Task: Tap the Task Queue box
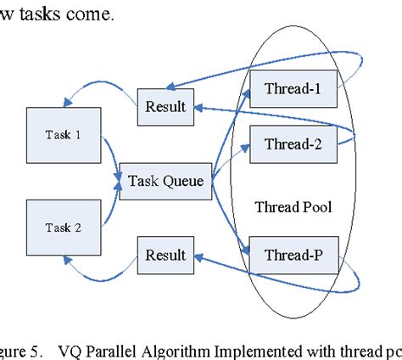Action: (x=165, y=181)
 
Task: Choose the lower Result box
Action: (x=165, y=255)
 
